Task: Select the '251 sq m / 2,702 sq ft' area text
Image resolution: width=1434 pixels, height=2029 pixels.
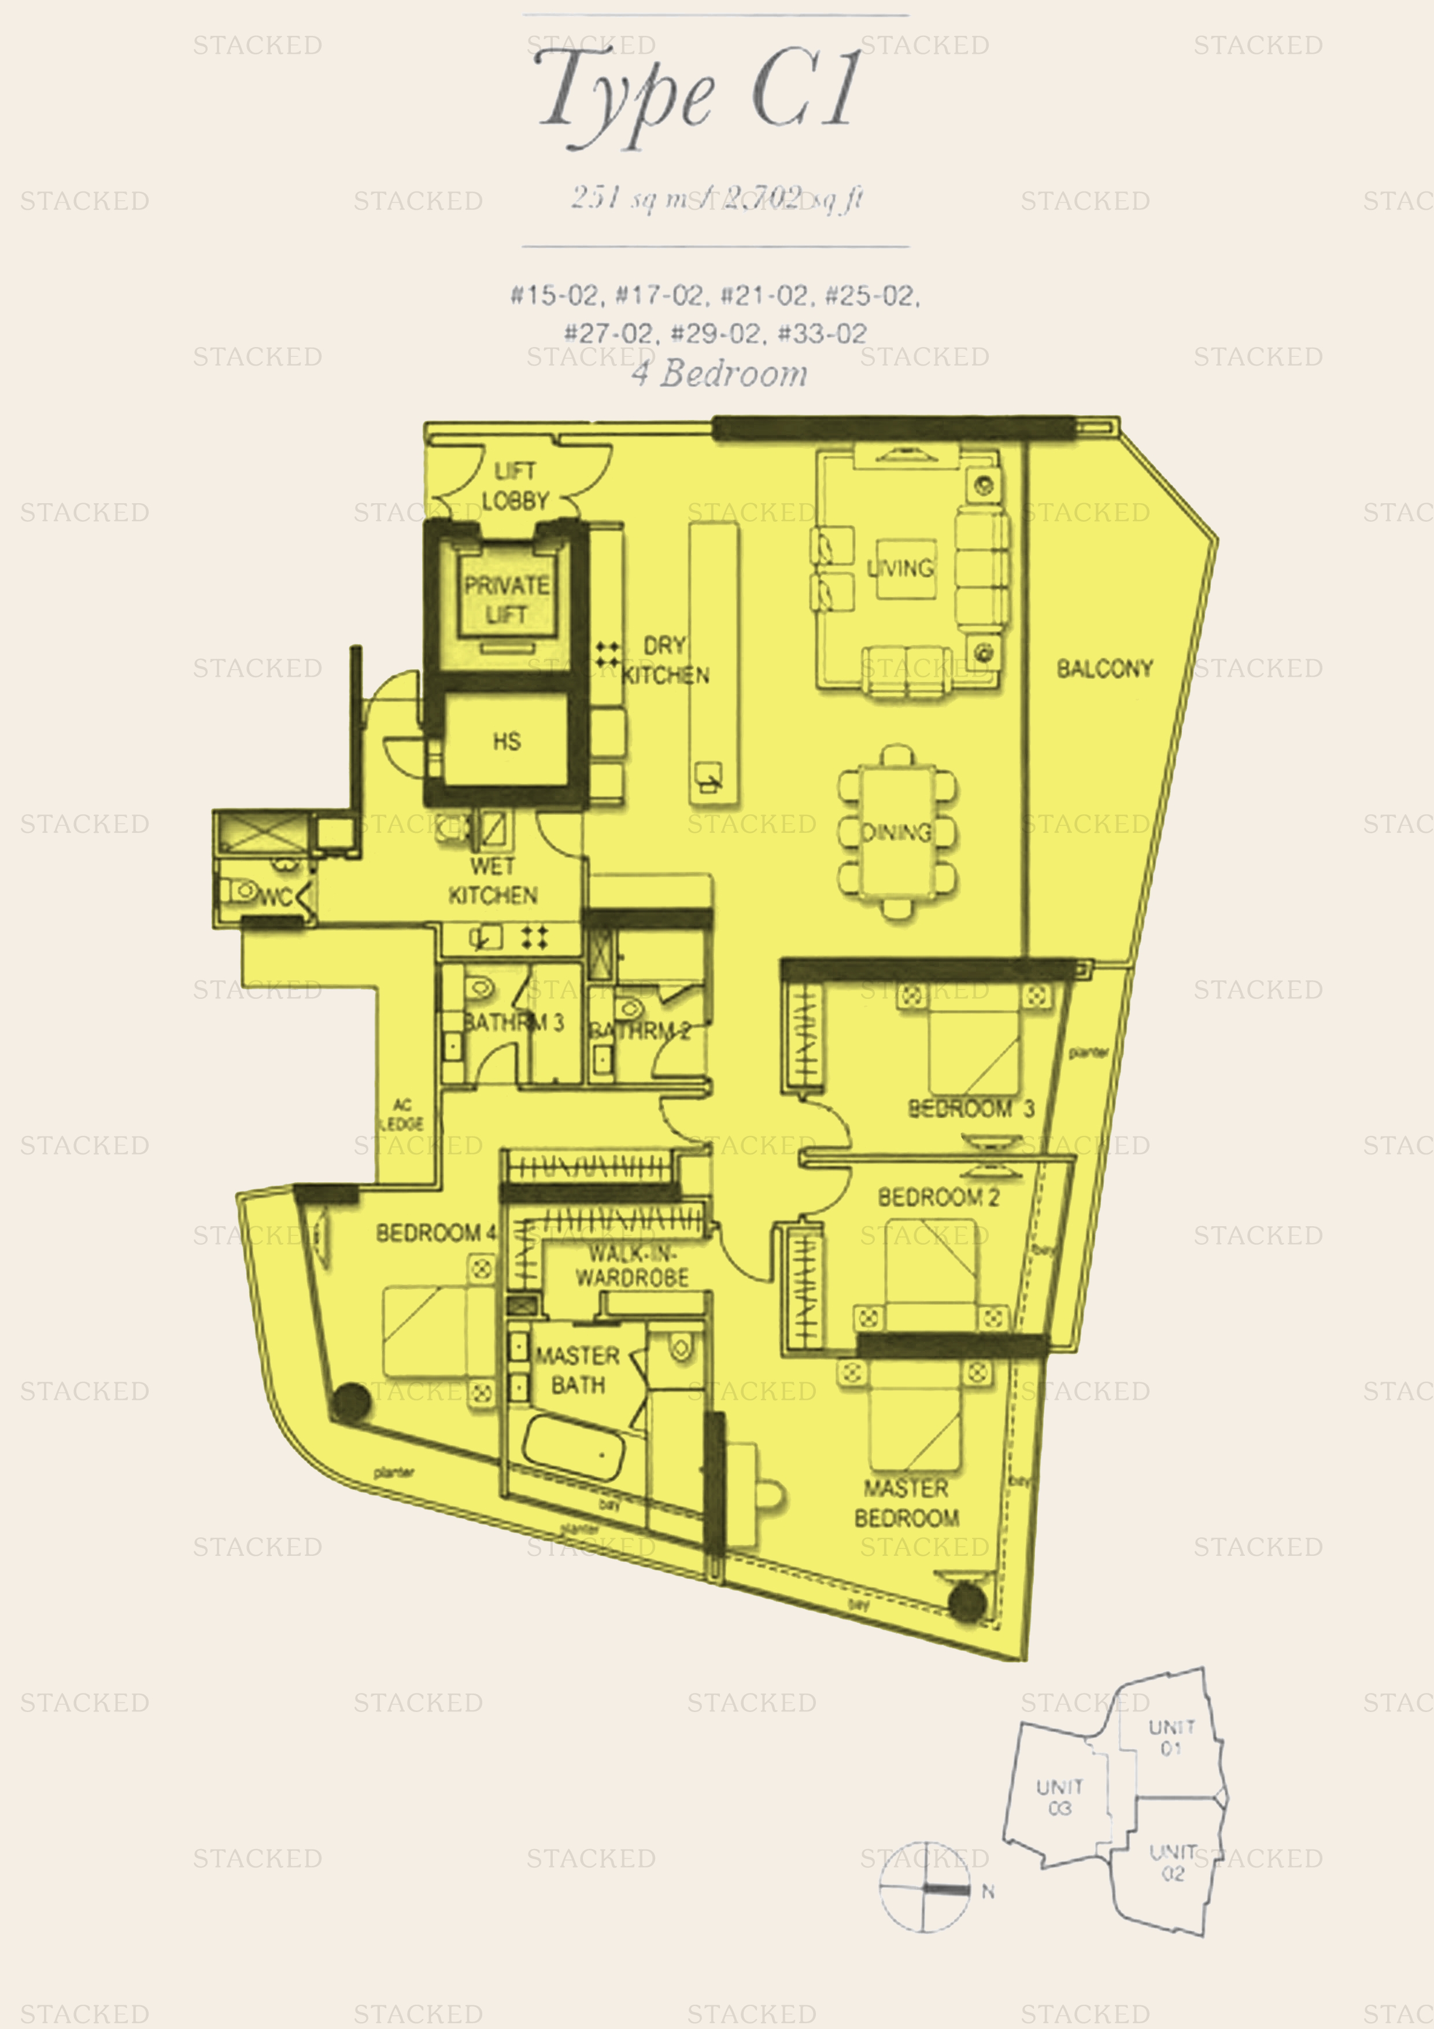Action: [x=716, y=198]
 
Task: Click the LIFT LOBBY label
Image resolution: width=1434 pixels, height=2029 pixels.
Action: [x=515, y=486]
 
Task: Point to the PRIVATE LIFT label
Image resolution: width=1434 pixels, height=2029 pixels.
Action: [x=507, y=600]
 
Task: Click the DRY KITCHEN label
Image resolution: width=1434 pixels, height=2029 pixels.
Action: [x=666, y=660]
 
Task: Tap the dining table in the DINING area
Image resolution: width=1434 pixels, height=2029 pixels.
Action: [x=897, y=832]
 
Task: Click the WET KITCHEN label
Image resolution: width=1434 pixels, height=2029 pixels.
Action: [x=492, y=881]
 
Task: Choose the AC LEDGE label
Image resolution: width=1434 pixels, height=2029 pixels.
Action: [x=402, y=1115]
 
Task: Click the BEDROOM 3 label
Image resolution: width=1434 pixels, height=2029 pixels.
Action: [x=970, y=1108]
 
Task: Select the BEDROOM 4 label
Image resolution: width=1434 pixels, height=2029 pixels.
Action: [x=435, y=1233]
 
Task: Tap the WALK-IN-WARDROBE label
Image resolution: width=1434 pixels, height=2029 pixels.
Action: [x=633, y=1264]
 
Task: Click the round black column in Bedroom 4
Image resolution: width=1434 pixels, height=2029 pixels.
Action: [x=351, y=1403]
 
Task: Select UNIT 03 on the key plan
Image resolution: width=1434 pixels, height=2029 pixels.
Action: [x=1059, y=1798]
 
